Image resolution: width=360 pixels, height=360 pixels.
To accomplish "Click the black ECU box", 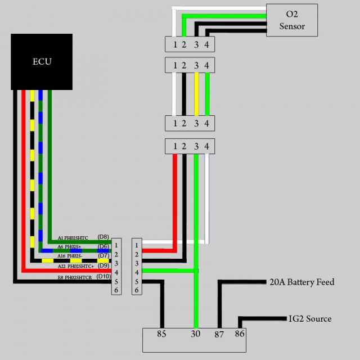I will pos(42,61).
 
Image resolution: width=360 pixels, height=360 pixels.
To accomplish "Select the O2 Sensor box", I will pos(292,21).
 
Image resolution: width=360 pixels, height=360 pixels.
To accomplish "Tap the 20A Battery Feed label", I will pos(301,282).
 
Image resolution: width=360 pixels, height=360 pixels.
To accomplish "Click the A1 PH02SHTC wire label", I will pos(73,238).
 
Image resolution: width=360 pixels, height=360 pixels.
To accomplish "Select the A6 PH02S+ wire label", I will pos(69,246).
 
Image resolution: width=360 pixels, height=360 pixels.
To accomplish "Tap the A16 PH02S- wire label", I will pos(70,256).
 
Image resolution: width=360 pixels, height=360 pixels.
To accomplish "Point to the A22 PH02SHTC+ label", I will pos(76,266).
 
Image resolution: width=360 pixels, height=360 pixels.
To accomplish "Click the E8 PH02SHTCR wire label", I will pos(76,277).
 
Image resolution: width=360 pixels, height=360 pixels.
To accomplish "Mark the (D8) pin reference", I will pos(103,237).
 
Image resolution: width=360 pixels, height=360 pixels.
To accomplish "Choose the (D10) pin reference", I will pos(104,276).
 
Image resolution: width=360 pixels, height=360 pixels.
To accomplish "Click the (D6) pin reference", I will pos(103,246).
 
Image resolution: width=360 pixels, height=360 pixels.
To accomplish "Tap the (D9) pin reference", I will pos(103,265).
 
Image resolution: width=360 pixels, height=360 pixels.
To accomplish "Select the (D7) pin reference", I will pos(103,256).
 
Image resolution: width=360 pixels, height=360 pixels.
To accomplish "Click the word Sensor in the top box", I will pos(292,26).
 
